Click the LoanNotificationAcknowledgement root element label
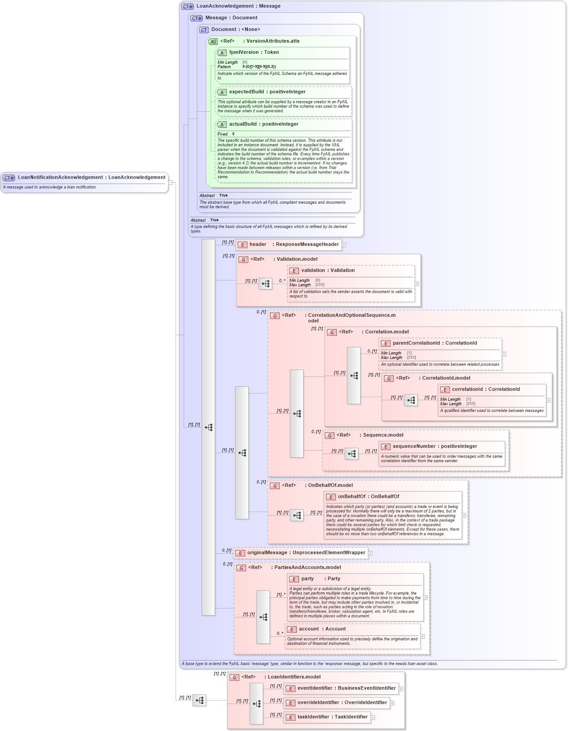click(92, 177)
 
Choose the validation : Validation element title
click(328, 271)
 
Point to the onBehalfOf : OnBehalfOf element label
click(368, 497)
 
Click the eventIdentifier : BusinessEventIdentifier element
click(346, 688)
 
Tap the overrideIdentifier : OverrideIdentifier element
click(342, 703)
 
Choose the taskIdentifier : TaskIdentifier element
click(332, 717)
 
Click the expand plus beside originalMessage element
click(370, 553)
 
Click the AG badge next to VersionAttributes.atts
click(213, 41)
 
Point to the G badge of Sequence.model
click(330, 435)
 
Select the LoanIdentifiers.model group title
click(294, 677)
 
